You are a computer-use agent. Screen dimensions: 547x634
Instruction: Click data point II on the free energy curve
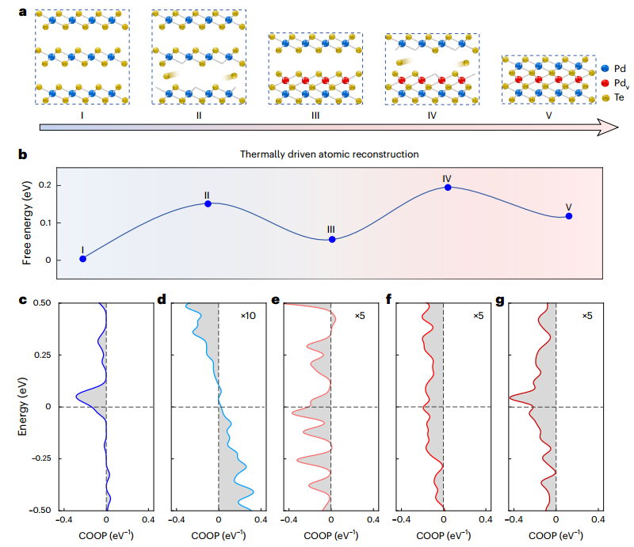coord(208,203)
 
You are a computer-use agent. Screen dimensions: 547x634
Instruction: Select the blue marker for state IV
coord(448,188)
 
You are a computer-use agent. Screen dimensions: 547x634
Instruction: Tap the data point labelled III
coord(332,239)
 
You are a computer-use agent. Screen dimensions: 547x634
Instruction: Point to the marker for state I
coord(82,258)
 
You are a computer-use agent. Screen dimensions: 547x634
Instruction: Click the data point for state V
coord(568,216)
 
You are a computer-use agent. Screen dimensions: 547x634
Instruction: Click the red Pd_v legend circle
coord(605,82)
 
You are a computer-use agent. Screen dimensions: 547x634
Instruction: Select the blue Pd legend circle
coord(605,69)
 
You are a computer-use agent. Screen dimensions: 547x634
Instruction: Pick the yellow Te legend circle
coord(605,97)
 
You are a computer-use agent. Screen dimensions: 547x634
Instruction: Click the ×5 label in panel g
coord(587,316)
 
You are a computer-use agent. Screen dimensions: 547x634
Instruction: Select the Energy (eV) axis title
coord(27,407)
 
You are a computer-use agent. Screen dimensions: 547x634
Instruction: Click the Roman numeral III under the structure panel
coord(315,115)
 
